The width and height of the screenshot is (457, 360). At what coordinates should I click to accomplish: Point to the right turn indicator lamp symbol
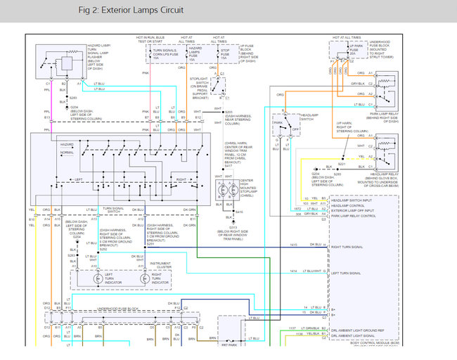point(145,278)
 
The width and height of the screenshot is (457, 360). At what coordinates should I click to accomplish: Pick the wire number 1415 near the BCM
point(293,244)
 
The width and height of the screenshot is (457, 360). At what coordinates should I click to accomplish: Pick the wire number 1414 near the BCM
point(293,271)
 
